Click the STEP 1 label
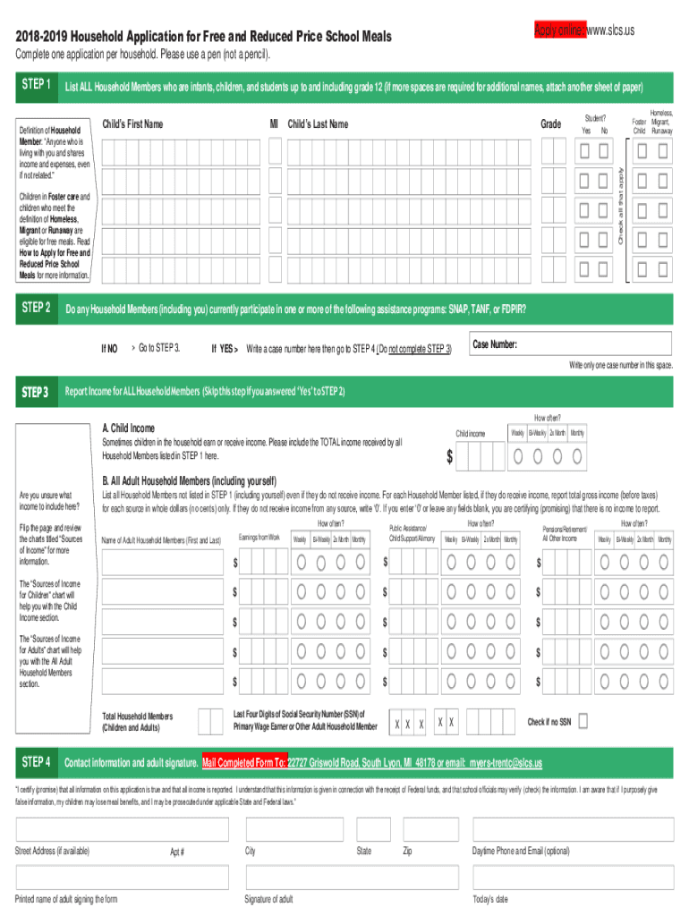(x=36, y=85)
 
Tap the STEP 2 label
(x=36, y=308)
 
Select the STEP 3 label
(x=36, y=392)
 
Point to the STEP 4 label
(x=36, y=762)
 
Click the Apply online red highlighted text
(x=558, y=30)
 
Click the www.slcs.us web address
(x=610, y=30)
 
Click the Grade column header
(x=551, y=124)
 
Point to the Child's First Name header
(x=132, y=124)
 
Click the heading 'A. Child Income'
(x=128, y=428)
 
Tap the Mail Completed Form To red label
(x=244, y=763)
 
